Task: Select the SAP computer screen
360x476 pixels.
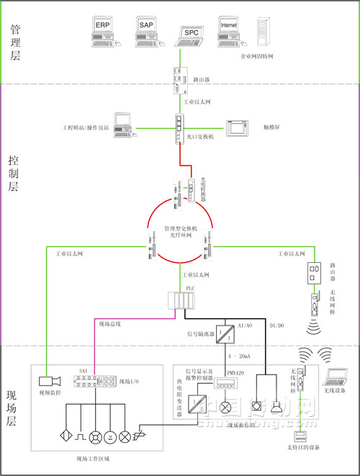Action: [145, 27]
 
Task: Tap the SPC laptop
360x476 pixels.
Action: [190, 34]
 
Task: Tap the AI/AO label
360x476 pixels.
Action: [245, 326]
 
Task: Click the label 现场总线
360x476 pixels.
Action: [109, 325]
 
